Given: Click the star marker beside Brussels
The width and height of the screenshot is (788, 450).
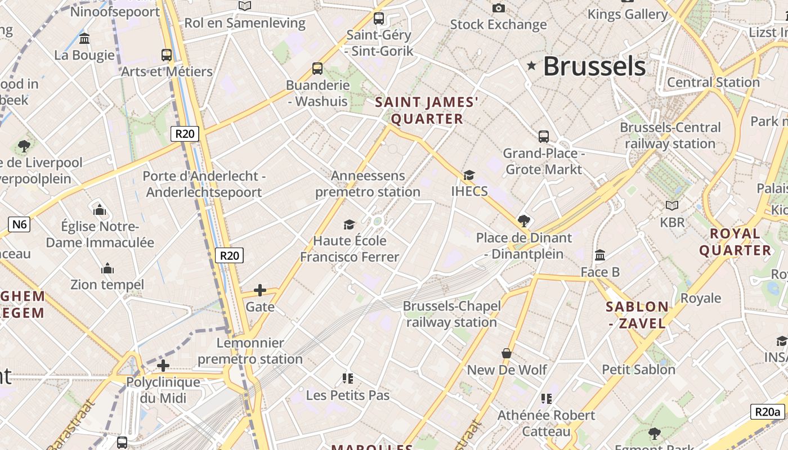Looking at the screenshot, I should (x=531, y=66).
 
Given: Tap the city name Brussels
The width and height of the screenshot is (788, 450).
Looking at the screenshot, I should (x=594, y=66).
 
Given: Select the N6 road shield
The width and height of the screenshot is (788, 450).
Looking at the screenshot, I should (x=20, y=224).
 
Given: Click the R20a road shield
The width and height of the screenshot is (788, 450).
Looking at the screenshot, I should (x=768, y=412).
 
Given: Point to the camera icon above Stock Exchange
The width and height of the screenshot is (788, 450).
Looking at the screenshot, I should (x=498, y=8).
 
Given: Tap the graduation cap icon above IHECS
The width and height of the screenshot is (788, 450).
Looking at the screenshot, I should (x=469, y=175).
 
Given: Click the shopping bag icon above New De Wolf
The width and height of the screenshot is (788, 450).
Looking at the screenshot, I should (x=507, y=353).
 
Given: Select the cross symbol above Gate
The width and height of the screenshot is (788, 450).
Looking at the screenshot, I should (x=260, y=290).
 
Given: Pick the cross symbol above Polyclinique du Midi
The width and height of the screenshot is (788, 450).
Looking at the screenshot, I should (x=163, y=366).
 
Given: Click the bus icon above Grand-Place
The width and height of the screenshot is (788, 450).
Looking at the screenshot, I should (x=544, y=137).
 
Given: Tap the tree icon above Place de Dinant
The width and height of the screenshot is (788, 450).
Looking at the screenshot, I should (x=524, y=220).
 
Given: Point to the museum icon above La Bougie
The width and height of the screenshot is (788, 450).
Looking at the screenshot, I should (x=85, y=39).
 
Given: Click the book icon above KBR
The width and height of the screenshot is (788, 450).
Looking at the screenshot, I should (x=672, y=206).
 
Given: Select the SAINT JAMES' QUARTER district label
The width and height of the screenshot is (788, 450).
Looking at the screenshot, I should (x=427, y=110).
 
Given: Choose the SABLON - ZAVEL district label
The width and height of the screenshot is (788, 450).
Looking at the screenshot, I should (x=637, y=315).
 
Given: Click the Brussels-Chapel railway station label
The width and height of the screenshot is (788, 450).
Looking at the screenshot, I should (x=451, y=314).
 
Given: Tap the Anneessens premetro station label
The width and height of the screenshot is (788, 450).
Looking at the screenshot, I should (x=368, y=183).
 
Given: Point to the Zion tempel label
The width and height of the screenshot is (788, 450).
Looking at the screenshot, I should (x=107, y=284).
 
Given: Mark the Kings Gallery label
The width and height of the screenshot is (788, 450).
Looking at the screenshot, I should (x=628, y=14).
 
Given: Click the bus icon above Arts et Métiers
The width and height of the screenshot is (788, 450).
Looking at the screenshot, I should (x=167, y=55).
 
